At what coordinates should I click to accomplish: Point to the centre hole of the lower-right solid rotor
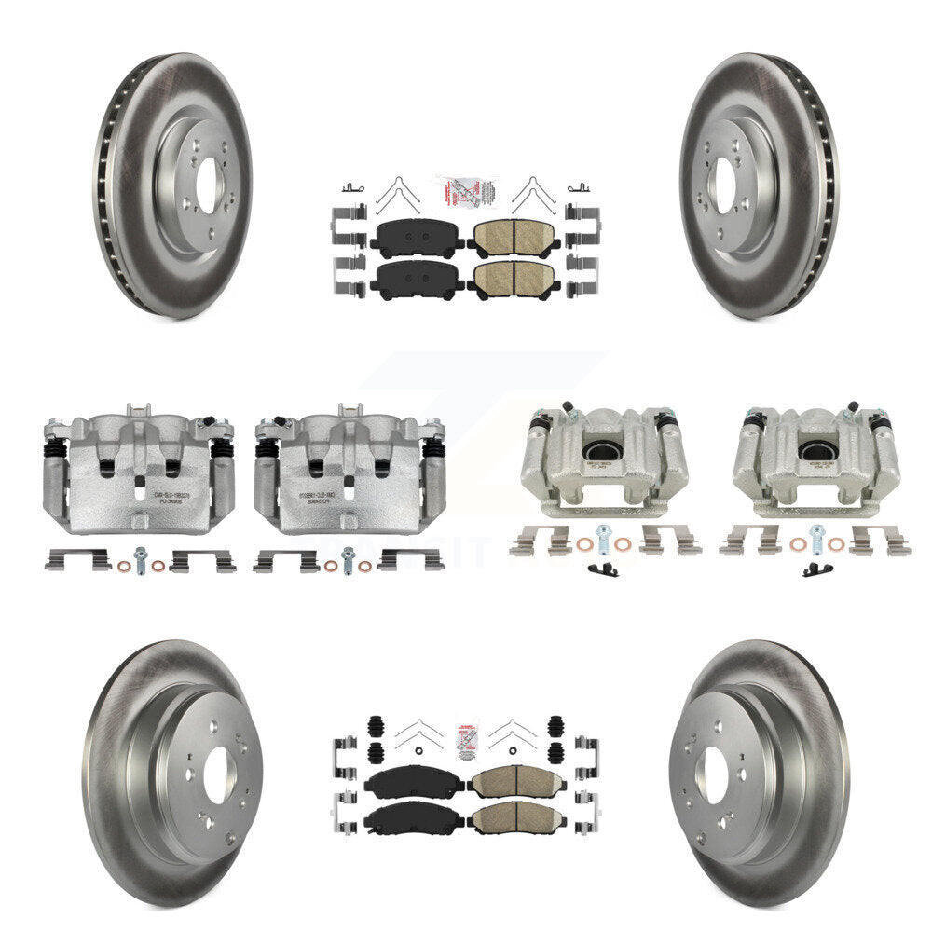coord(715,775)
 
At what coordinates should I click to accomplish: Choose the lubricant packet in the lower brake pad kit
coord(465,735)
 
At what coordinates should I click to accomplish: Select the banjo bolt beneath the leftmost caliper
coord(141,558)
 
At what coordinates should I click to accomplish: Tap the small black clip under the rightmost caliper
coord(817,569)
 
